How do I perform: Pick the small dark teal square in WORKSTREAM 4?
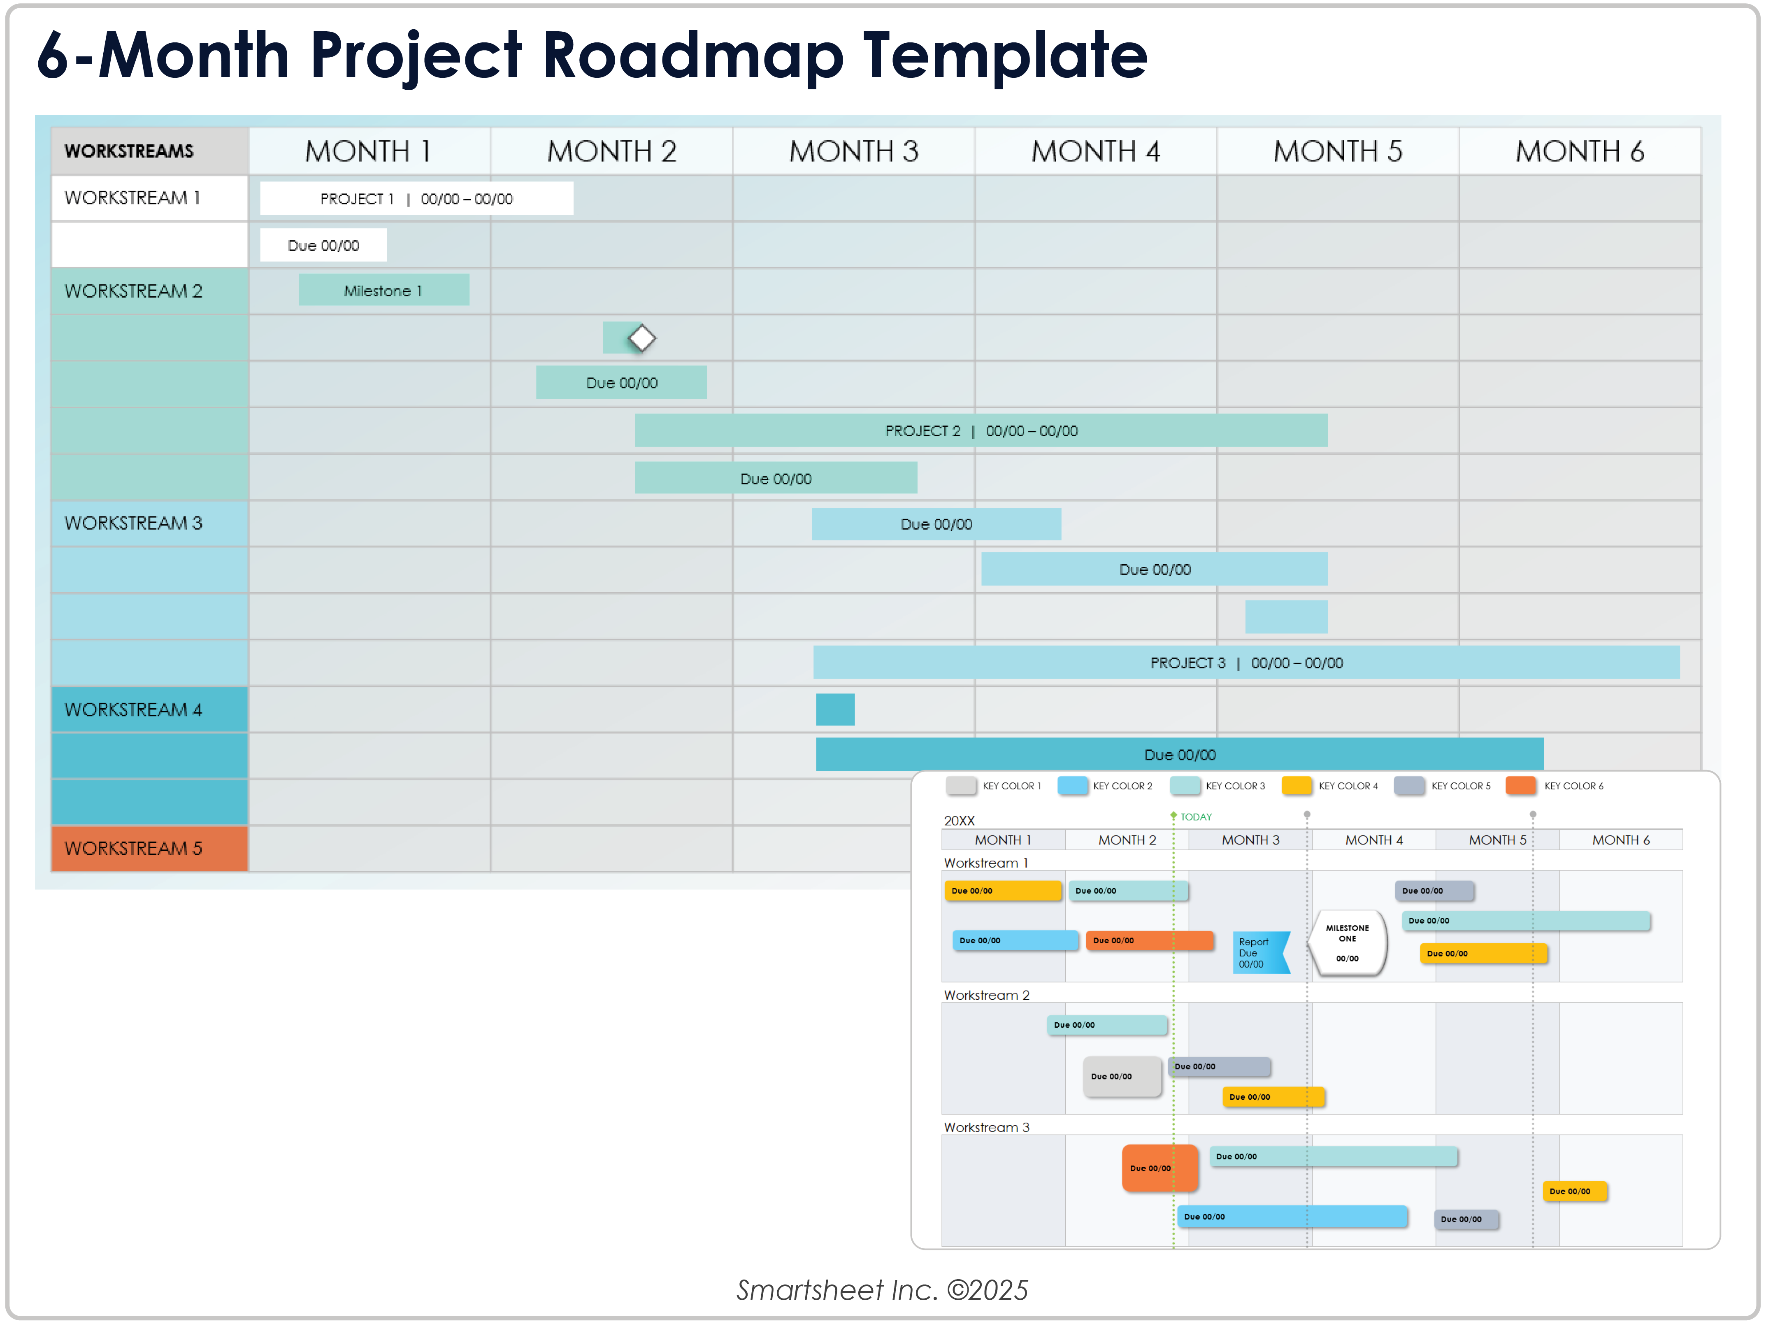click(835, 709)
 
